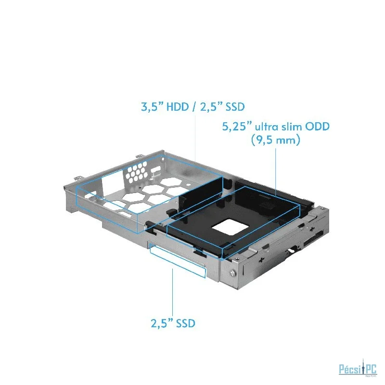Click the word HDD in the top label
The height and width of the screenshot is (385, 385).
point(178,107)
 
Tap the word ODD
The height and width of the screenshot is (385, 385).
point(317,127)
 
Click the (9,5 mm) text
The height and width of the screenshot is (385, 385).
point(275,140)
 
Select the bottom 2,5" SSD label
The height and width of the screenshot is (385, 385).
point(173,323)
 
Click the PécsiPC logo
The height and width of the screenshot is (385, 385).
point(358,368)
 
